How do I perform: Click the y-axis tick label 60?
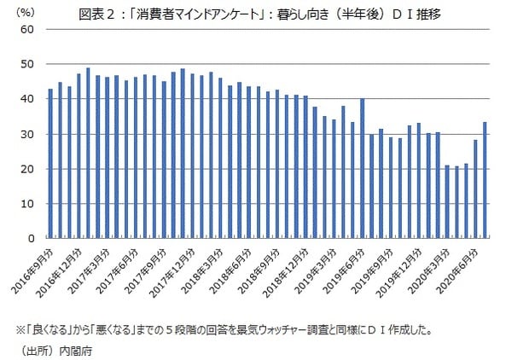click(28, 29)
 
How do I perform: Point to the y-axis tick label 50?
click(28, 64)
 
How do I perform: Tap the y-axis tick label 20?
click(28, 169)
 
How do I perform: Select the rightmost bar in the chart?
click(486, 180)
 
